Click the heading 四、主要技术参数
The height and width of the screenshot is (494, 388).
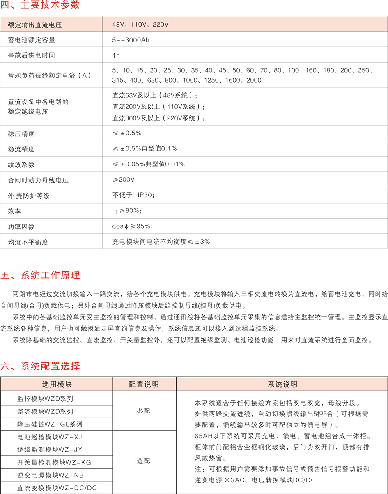pyautogui.click(x=40, y=5)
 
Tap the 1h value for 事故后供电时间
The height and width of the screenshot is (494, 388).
pyautogui.click(x=116, y=55)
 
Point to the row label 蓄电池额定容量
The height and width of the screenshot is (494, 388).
pyautogui.click(x=32, y=40)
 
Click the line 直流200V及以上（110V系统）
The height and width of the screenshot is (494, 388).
pyautogui.click(x=158, y=107)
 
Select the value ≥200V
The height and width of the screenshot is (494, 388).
pyautogui.click(x=124, y=180)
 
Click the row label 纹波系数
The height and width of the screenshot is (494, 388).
pyautogui.click(x=21, y=164)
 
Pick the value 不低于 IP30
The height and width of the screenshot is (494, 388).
pyautogui.click(x=133, y=195)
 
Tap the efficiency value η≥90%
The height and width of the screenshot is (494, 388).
pyautogui.click(x=128, y=210)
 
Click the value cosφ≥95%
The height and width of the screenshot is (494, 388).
pyautogui.click(x=133, y=226)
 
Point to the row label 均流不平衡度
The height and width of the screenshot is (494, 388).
pyautogui.click(x=28, y=242)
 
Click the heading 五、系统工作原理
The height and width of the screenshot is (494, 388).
pyautogui.click(x=40, y=275)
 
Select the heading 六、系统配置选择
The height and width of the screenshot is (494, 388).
pyautogui.click(x=40, y=366)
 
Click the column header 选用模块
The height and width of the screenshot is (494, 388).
pyautogui.click(x=57, y=385)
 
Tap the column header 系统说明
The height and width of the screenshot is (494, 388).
pyautogui.click(x=282, y=385)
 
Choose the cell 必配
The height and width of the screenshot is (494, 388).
pyautogui.click(x=144, y=411)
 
